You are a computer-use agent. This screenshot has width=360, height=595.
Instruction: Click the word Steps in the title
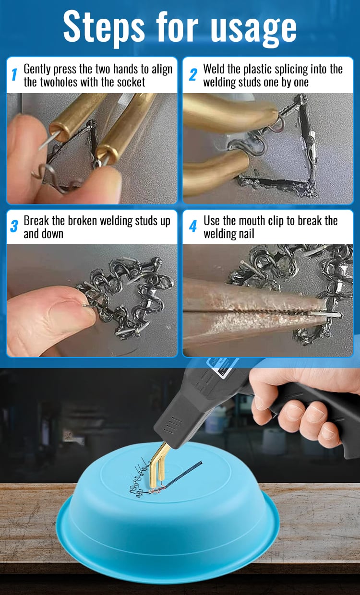tap(104, 27)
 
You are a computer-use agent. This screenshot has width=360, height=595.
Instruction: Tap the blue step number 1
tap(14, 74)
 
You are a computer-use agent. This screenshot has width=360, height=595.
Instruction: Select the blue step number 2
tap(193, 74)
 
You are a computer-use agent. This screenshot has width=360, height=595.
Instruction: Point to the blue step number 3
tap(14, 226)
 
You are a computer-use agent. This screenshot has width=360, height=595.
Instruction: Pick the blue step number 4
tap(193, 226)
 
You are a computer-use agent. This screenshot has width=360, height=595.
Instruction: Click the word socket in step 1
tap(131, 82)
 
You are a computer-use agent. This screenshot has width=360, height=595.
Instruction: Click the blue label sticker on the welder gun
tap(219, 368)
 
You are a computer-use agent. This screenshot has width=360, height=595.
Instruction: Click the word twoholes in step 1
tap(59, 82)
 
